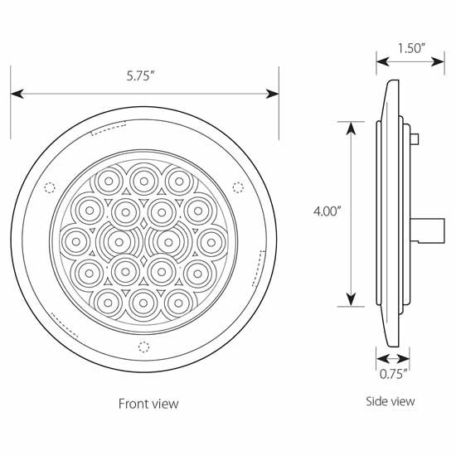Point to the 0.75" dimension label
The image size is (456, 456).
pos(393,375)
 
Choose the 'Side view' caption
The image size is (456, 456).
pos(391,401)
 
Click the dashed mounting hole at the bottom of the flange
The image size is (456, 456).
pos(143,346)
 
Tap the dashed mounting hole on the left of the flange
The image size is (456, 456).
pos(49,186)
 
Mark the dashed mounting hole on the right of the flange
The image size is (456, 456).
pos(238,186)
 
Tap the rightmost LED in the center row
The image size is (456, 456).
pos(207,240)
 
